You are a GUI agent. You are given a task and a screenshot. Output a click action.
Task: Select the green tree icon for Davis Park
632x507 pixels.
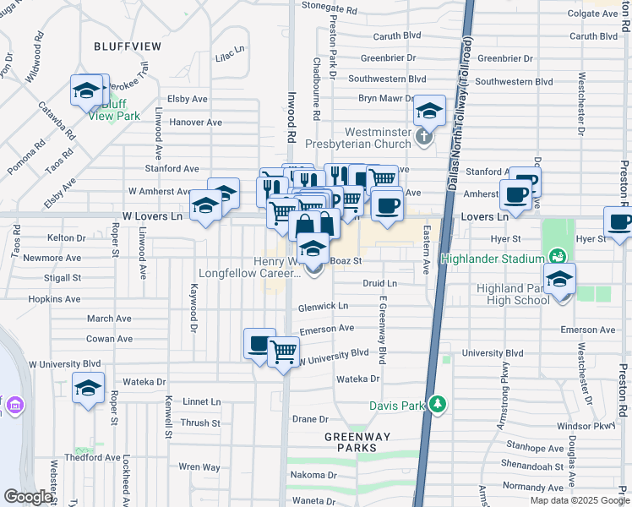point(436,405)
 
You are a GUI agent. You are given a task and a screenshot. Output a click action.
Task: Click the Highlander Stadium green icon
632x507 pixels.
point(557,255)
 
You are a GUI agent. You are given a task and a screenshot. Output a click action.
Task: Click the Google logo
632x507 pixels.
point(28,497)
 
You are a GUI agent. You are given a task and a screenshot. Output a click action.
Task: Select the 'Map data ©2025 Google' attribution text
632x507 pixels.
point(579,500)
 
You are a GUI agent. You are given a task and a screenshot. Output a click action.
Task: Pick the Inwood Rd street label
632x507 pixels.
point(291,117)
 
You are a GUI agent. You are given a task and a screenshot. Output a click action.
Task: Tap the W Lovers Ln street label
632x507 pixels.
point(152,217)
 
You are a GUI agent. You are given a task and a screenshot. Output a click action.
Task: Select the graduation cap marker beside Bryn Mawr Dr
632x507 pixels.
point(429,111)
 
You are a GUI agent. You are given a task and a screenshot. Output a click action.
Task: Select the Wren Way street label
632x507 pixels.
point(199,466)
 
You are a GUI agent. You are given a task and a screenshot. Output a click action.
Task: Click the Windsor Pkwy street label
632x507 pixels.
point(595,426)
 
